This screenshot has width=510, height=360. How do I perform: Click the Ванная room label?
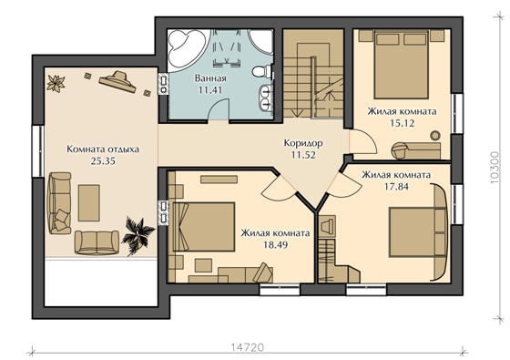tap(210, 78)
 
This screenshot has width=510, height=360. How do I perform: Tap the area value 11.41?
tap(210, 90)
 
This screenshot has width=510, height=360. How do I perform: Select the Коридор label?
tap(303, 143)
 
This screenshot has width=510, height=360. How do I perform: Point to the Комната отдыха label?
tap(103, 149)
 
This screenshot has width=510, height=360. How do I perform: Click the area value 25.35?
tap(103, 161)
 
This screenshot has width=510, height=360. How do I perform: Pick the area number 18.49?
tap(275, 245)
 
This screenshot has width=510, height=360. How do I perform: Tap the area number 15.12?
tap(403, 123)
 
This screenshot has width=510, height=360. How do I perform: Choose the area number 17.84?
tap(396, 187)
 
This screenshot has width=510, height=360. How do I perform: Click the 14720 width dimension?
tap(248, 347)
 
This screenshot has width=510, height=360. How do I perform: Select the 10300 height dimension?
tap(495, 168)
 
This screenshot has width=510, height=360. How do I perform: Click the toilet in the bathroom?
tap(262, 71)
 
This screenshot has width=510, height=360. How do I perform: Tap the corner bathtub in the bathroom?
tap(187, 49)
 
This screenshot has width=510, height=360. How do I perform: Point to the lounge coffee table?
tap(89, 202)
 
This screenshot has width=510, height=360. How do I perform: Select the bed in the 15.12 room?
tap(401, 65)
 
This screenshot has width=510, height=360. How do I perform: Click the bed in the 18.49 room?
tap(204, 227)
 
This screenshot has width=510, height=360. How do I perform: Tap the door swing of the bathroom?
tap(218, 110)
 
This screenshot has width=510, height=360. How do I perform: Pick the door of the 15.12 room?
tap(362, 141)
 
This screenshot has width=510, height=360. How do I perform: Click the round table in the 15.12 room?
tap(435, 135)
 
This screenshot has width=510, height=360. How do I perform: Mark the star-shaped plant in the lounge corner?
tap(56, 84)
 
